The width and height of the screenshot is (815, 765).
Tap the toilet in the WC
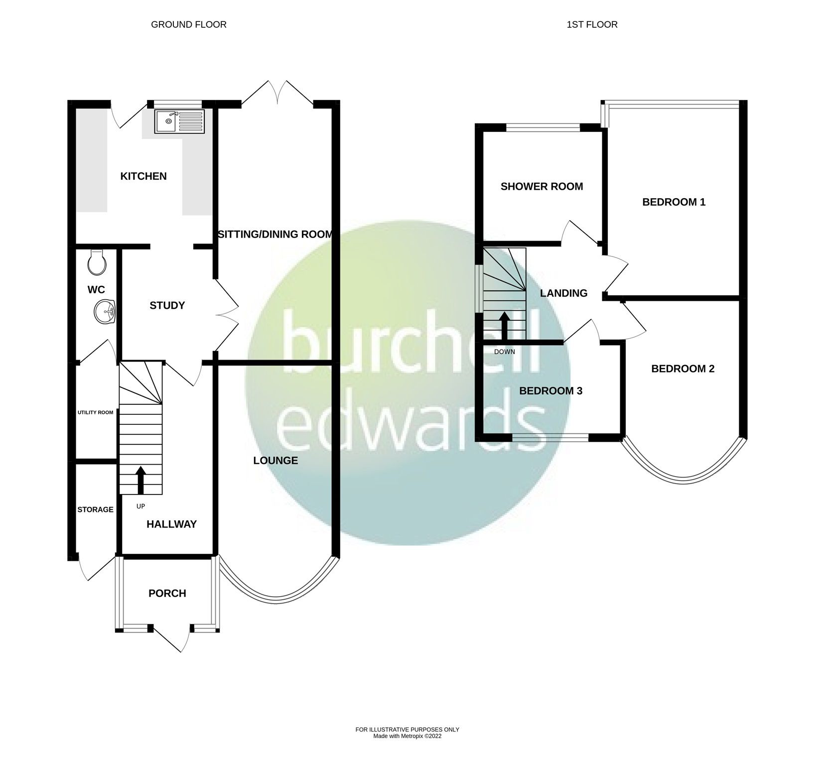[x=97, y=262]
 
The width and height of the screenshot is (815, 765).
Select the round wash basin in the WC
[x=105, y=312]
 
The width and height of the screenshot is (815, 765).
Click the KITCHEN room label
[x=143, y=176]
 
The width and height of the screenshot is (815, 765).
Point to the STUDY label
[x=167, y=305]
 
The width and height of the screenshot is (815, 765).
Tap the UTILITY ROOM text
[x=95, y=412]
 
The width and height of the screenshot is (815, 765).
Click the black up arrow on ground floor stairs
[x=141, y=480]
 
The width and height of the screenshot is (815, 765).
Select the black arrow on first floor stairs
[x=505, y=326]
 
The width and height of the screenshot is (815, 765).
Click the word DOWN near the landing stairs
[x=505, y=352]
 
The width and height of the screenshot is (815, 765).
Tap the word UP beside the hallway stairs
[x=140, y=506]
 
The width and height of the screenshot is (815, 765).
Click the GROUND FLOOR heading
[x=189, y=24]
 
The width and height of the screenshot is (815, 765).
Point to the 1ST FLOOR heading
[x=592, y=24]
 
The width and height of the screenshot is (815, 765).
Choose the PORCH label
[x=167, y=593]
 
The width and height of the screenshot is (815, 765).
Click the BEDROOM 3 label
[x=550, y=391]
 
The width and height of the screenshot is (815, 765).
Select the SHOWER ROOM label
[x=542, y=186]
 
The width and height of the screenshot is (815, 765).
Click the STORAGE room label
[x=95, y=510]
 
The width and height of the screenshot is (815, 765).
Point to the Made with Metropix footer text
[x=407, y=750]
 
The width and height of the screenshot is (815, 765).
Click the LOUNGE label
[x=275, y=461]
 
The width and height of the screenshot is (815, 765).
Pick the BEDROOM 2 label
[x=682, y=369]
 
